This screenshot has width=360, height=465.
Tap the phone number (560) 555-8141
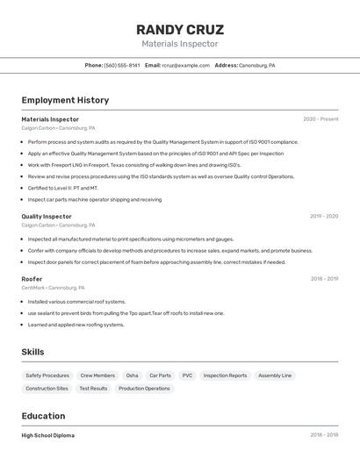[x=122, y=65]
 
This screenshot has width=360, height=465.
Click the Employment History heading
[x=65, y=100]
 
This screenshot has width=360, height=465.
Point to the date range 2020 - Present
[x=320, y=119]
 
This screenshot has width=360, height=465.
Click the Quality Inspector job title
[x=47, y=216]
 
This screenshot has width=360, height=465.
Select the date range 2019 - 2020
[x=324, y=216]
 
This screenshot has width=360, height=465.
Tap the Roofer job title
[x=32, y=279]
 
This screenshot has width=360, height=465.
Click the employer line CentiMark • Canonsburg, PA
[x=54, y=288]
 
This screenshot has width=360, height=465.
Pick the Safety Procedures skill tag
[x=47, y=376]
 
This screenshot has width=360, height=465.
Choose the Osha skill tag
[x=132, y=376]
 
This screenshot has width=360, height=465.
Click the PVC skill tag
[x=187, y=376]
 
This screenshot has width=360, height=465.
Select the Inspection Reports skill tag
[x=226, y=376]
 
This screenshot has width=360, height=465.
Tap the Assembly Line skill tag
[x=275, y=376]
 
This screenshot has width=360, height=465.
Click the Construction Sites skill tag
[x=47, y=388]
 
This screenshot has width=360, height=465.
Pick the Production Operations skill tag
[x=144, y=388]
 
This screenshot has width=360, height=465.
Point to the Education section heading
[x=43, y=416]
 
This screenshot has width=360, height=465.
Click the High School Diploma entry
[x=48, y=435]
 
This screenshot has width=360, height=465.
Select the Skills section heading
[x=33, y=352]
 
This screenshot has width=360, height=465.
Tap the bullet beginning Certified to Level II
[x=62, y=188]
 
